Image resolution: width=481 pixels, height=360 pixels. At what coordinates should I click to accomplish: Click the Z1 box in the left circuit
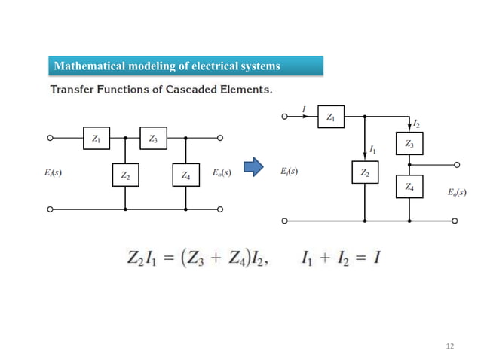[96, 139]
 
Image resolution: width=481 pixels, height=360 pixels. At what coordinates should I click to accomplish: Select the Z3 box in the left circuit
[153, 139]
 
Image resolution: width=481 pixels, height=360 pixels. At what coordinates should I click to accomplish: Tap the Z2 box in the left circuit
[125, 175]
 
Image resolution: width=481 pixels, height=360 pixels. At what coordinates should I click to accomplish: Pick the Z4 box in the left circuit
[185, 175]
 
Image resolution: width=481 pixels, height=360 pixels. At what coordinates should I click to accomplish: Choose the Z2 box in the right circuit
[365, 173]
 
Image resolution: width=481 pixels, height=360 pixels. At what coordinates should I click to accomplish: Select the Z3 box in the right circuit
[409, 143]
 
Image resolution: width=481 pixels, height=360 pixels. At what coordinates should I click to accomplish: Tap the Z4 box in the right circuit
[409, 186]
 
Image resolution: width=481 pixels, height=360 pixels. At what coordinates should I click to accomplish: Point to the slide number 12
[451, 346]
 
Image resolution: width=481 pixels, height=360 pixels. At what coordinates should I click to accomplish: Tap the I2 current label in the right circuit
[417, 122]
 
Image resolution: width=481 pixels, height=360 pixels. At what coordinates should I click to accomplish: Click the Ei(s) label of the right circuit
[289, 171]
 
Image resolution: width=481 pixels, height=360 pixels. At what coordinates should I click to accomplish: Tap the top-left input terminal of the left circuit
[50, 139]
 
